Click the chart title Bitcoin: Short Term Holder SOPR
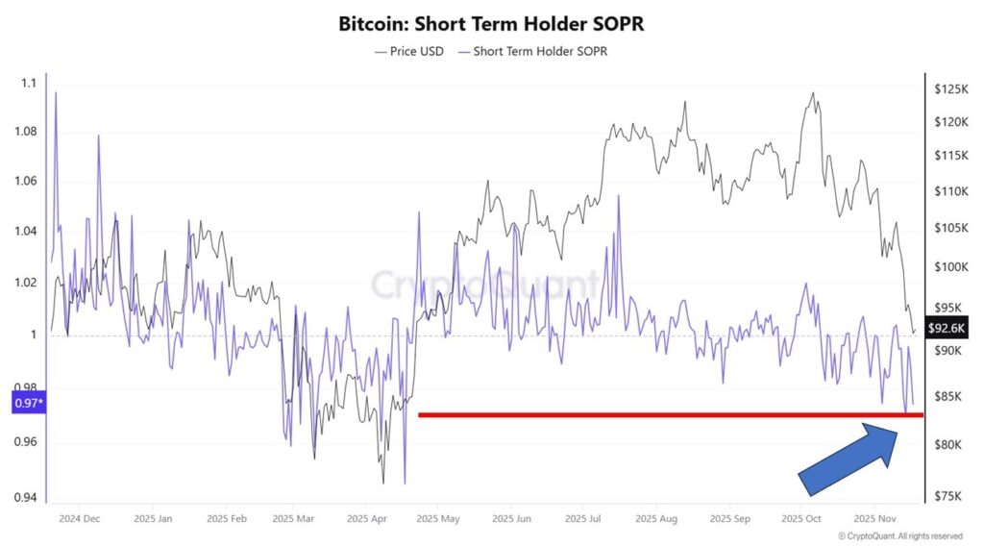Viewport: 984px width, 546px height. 491,22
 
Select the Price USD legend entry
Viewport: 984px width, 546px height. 408,51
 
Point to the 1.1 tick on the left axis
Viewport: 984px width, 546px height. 27,84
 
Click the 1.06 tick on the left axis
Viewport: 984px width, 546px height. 27,181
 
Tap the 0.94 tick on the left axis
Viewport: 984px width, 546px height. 27,498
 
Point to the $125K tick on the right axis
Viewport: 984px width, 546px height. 949,89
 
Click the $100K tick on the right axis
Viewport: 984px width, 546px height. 949,266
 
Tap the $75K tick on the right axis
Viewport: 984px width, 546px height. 947,496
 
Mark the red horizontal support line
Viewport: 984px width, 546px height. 670,415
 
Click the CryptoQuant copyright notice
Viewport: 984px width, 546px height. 899,535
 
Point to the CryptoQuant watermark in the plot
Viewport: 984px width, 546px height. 485,285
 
